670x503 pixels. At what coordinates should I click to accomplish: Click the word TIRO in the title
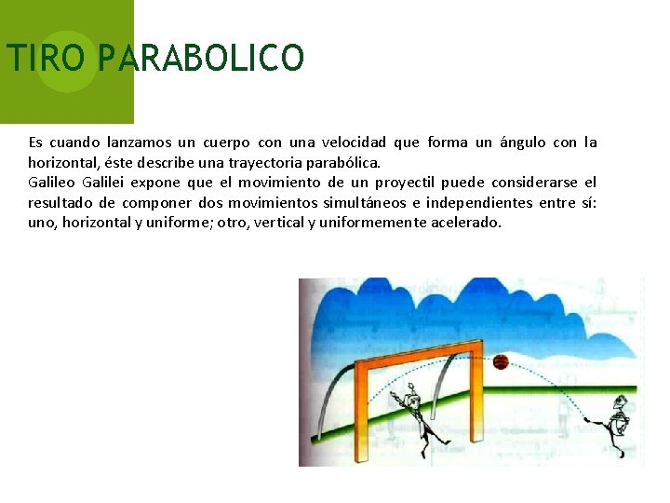47,58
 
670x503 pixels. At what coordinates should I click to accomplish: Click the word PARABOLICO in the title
200,58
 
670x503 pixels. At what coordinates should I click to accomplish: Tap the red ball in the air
501,362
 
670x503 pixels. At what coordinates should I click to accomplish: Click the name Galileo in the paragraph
51,182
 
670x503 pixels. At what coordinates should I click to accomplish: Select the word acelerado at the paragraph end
465,223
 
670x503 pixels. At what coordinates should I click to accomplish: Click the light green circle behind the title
67,61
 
